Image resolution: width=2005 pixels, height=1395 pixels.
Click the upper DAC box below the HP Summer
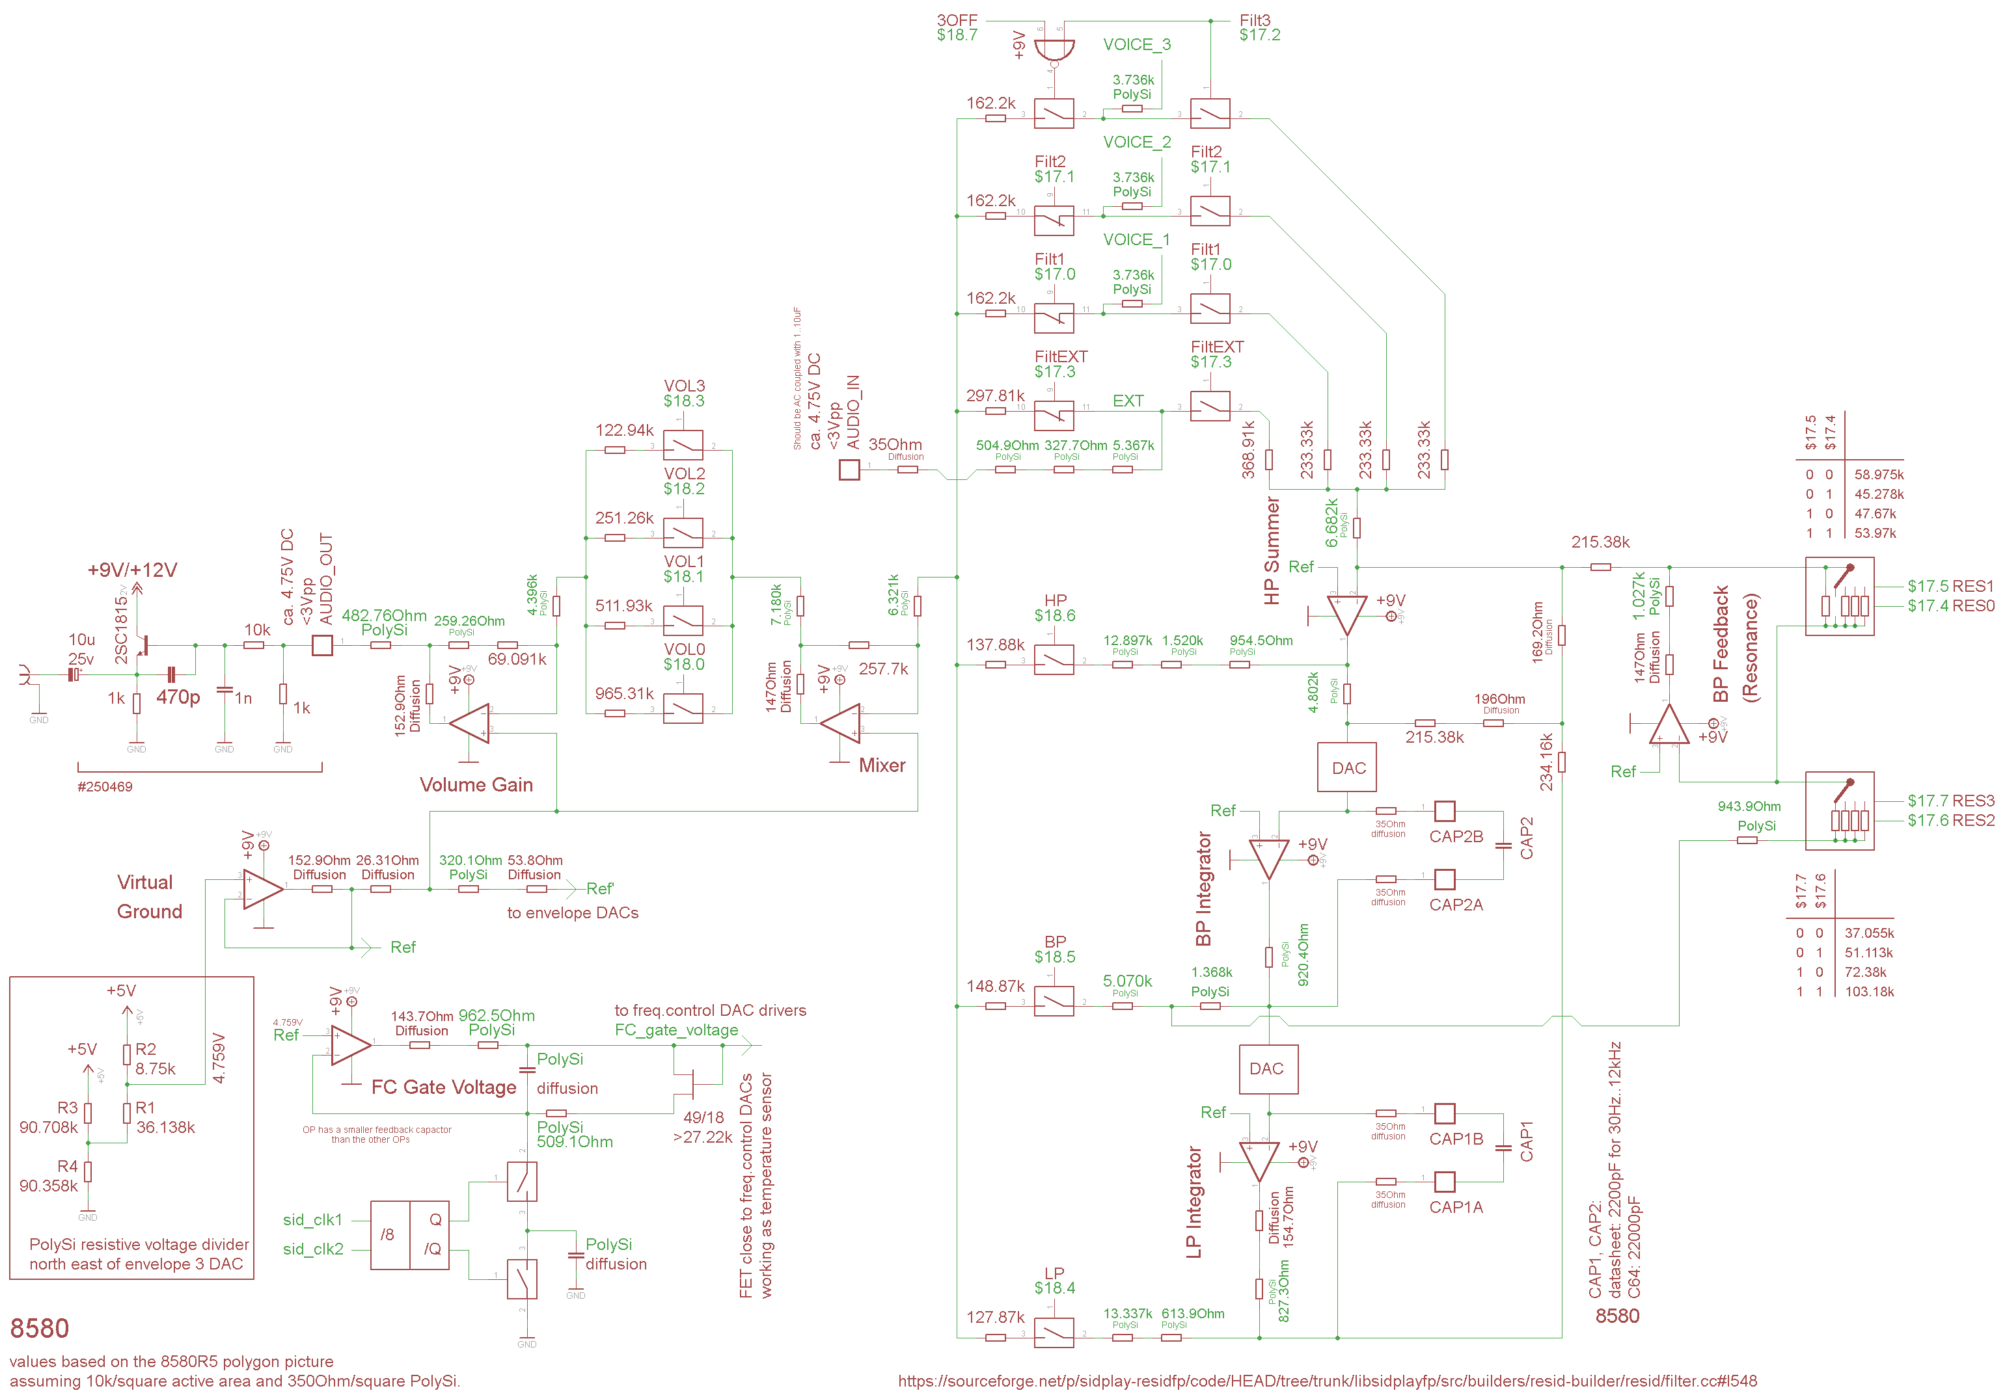tap(1348, 767)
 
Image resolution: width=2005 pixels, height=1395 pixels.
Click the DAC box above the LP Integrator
tap(1268, 1069)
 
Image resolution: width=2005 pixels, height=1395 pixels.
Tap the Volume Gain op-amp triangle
tap(472, 722)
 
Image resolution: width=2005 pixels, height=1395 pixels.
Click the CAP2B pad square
tap(1445, 811)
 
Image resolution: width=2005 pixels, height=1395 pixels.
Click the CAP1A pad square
tap(1445, 1181)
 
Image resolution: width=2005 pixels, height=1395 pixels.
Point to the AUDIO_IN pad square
tap(849, 470)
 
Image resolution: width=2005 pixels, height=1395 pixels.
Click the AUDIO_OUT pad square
tap(322, 645)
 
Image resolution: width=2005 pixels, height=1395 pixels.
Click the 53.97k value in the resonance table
tap(1875, 533)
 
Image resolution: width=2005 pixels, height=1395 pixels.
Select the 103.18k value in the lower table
tap(1869, 992)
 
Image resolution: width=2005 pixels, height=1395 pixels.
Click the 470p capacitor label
tap(178, 697)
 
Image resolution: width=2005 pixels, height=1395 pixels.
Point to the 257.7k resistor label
tap(883, 669)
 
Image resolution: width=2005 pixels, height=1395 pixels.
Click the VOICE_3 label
tap(1136, 44)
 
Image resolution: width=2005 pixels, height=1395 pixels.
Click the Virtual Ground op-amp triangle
tap(261, 888)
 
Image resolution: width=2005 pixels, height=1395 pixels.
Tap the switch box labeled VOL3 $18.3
tap(683, 445)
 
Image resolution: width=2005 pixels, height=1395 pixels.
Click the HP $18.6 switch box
tap(1054, 659)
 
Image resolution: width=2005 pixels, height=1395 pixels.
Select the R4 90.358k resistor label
tap(49, 1176)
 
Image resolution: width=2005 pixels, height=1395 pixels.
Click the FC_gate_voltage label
tap(676, 1030)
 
